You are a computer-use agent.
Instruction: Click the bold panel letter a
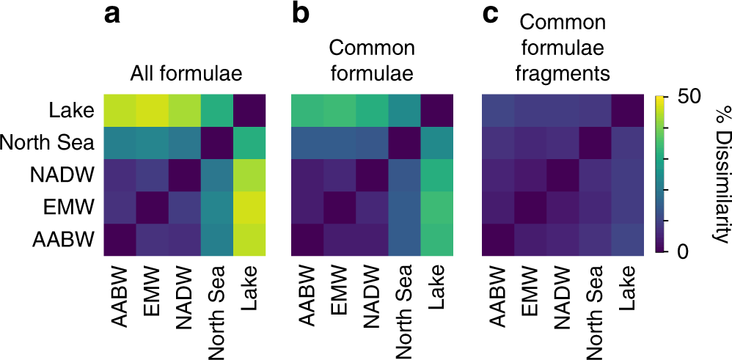[112, 15]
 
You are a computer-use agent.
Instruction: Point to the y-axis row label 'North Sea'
[48, 142]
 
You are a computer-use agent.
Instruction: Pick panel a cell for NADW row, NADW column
[180, 175]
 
